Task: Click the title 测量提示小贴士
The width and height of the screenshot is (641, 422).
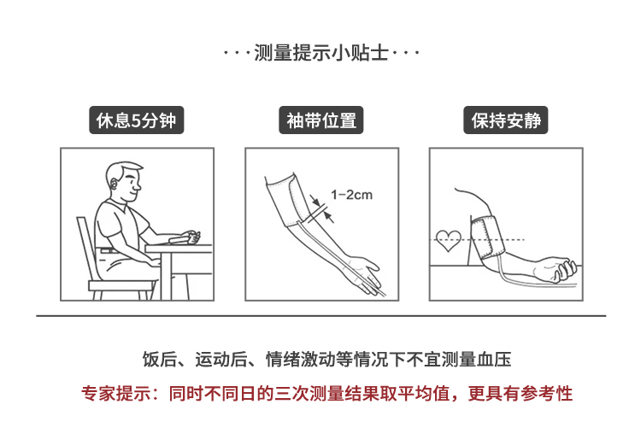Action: (x=320, y=53)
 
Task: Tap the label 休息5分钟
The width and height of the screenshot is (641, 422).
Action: (x=137, y=120)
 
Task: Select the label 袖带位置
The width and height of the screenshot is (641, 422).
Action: (x=320, y=120)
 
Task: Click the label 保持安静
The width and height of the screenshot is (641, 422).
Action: (x=506, y=120)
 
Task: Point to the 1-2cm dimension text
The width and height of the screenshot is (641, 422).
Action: (x=351, y=195)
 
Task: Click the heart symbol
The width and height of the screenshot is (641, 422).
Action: (x=448, y=241)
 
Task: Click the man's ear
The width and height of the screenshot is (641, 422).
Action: (x=114, y=185)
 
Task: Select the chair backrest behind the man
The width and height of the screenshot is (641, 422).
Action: (x=85, y=249)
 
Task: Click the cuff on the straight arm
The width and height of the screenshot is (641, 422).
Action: (x=288, y=200)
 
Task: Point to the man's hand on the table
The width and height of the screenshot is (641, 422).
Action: (x=191, y=237)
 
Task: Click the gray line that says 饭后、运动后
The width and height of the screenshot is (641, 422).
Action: (x=326, y=360)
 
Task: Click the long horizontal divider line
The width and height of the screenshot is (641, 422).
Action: (x=320, y=316)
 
